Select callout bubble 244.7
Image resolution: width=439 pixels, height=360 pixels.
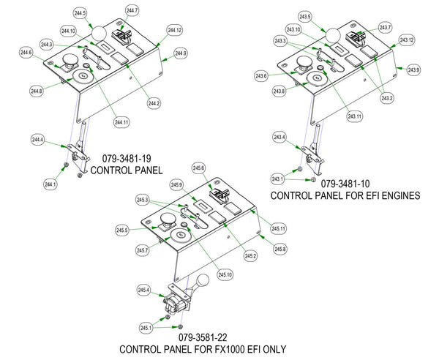click(132, 10)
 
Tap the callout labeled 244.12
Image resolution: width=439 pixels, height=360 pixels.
click(174, 30)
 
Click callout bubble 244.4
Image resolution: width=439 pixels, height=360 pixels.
click(38, 139)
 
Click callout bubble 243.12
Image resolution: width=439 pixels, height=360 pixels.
click(406, 40)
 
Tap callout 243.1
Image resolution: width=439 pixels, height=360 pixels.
click(277, 179)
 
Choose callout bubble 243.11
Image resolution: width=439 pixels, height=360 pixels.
click(355, 116)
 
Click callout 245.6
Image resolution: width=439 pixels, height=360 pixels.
click(198, 168)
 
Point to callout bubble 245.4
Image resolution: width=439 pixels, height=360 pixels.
click(143, 291)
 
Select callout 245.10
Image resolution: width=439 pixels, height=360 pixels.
click(225, 274)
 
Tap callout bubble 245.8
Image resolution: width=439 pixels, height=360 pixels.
click(280, 249)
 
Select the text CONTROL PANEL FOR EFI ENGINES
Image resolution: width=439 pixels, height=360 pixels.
click(345, 196)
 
